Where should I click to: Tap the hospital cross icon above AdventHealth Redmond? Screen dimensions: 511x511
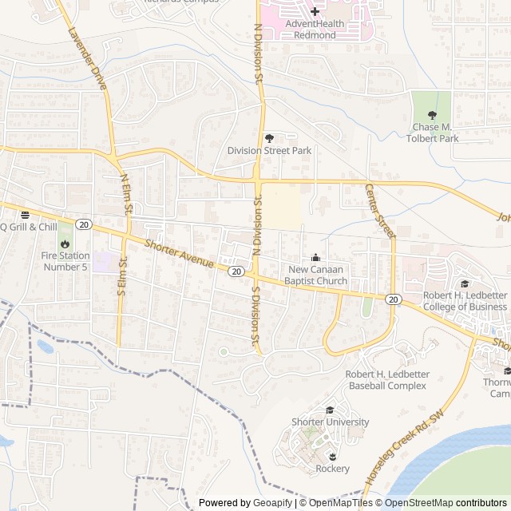tap(315, 11)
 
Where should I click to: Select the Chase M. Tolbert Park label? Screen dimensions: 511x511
tap(436, 133)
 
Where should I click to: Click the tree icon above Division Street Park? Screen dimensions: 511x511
tap(269, 137)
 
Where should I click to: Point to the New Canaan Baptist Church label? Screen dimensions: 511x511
tap(318, 275)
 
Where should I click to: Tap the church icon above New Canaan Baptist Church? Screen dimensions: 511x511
tap(316, 257)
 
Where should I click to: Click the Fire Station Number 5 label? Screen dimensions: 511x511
tap(65, 261)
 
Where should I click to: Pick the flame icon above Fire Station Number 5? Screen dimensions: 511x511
tap(65, 244)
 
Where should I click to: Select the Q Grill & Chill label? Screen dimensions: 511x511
tap(29, 227)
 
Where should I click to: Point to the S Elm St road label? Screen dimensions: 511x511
tap(123, 275)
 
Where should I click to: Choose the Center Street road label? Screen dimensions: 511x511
tap(380, 211)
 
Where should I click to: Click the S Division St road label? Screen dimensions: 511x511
tap(255, 317)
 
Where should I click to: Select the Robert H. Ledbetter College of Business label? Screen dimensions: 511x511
tap(465, 301)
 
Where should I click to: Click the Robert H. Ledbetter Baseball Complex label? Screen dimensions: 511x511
tap(386, 380)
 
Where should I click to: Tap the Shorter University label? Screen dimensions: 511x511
tap(330, 422)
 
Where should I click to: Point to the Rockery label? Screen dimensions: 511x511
tap(332, 469)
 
